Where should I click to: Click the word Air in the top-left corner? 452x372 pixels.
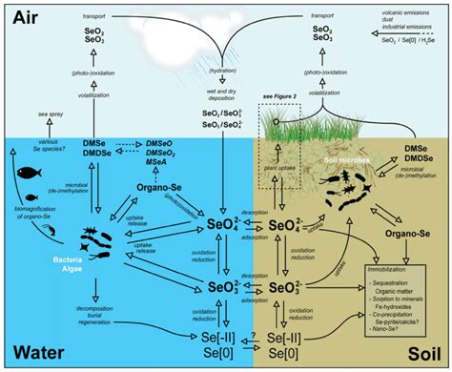coord(25,16)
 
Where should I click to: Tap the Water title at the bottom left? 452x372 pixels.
coord(34,353)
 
